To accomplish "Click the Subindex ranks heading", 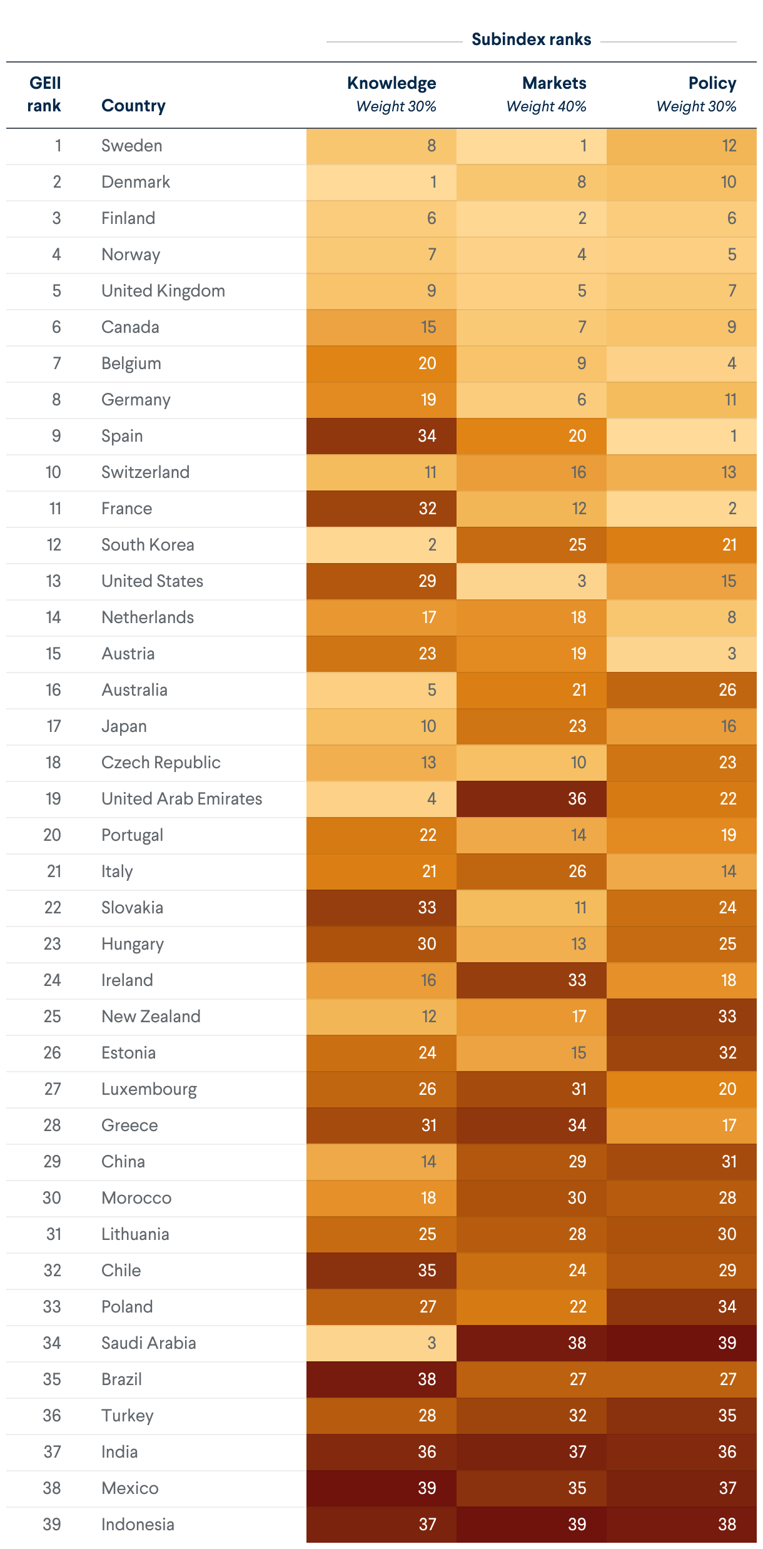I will point(531,39).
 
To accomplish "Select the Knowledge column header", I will point(392,83).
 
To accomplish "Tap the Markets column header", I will point(554,83).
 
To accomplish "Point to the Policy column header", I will point(712,83).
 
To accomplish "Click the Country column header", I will point(133,106).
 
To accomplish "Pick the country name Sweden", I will point(132,146).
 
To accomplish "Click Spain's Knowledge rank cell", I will point(381,436).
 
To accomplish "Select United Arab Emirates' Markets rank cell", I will point(532,799).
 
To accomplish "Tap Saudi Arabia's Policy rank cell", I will point(682,1343).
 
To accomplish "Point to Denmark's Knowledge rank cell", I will point(381,182).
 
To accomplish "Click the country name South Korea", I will point(148,545).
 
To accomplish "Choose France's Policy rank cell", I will point(682,509).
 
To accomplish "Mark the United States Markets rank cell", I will point(532,581).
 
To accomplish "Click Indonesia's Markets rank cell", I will point(532,1524).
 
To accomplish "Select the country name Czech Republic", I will point(161,763).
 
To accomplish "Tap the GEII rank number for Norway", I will point(56,255).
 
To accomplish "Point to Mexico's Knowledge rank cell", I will point(381,1488).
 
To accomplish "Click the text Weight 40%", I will point(546,106).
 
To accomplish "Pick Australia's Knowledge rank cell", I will point(381,690).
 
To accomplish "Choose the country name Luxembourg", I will point(149,1089).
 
